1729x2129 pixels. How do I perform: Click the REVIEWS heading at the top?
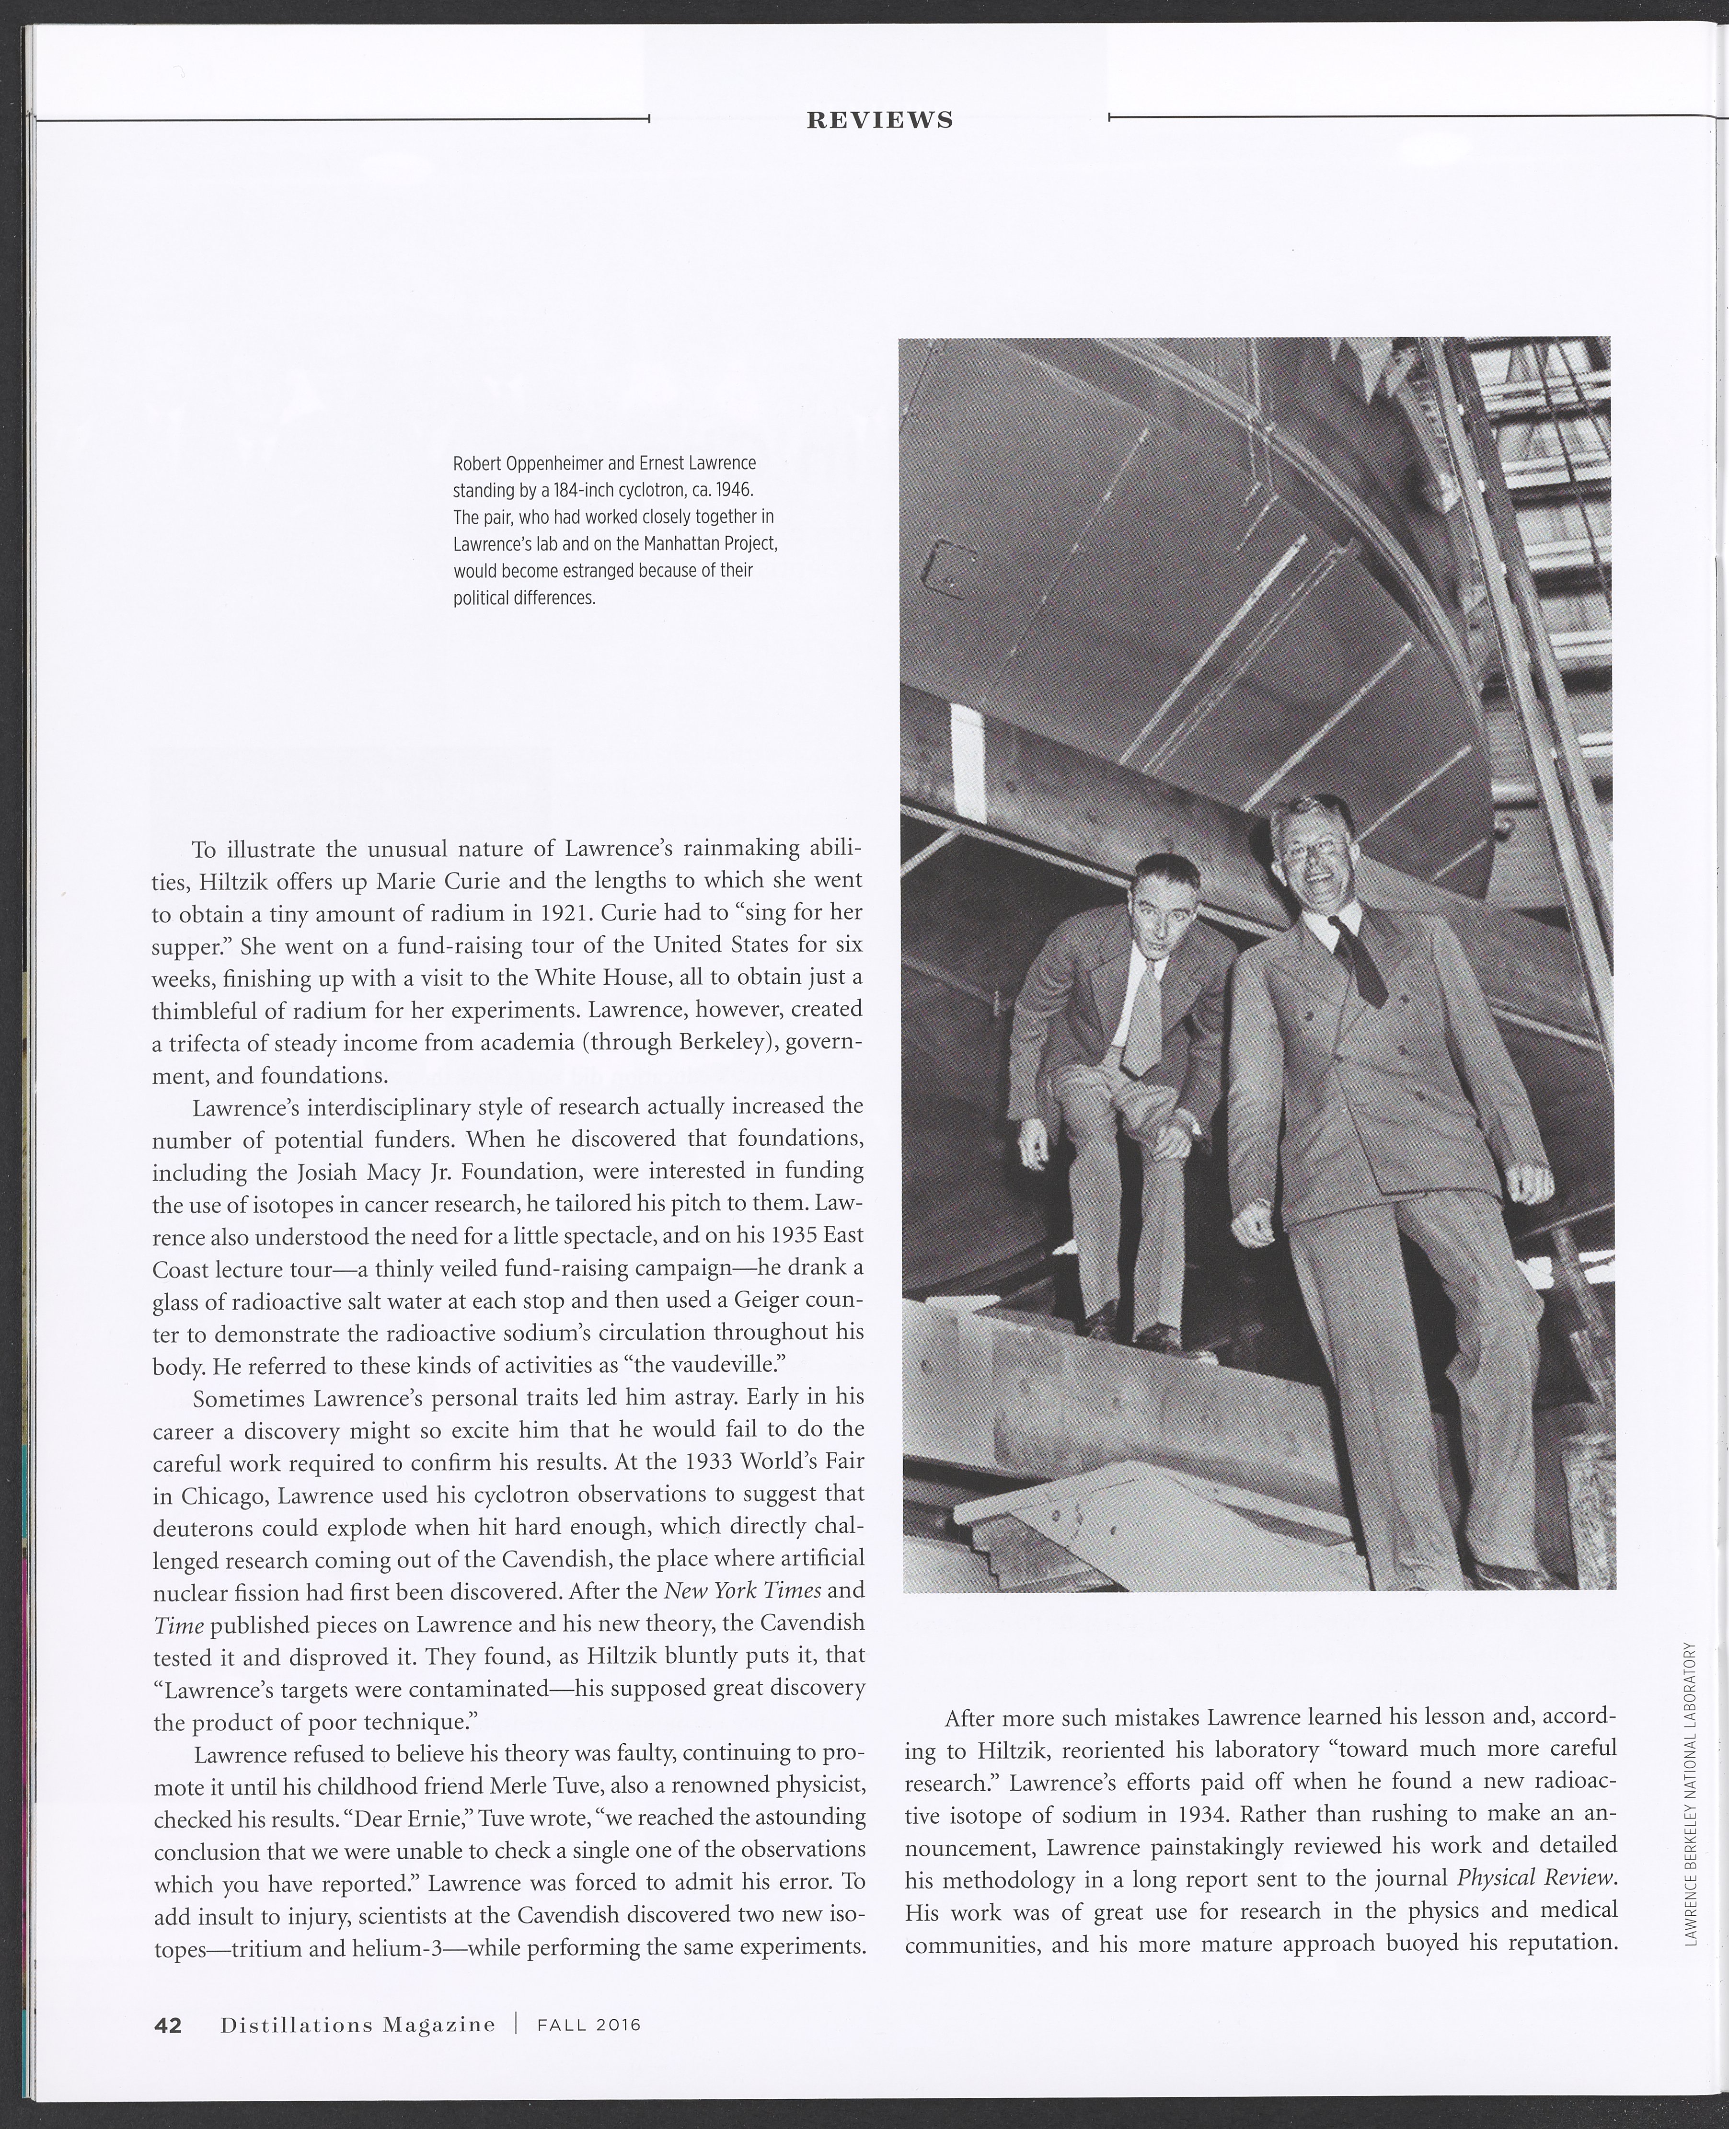click(879, 120)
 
